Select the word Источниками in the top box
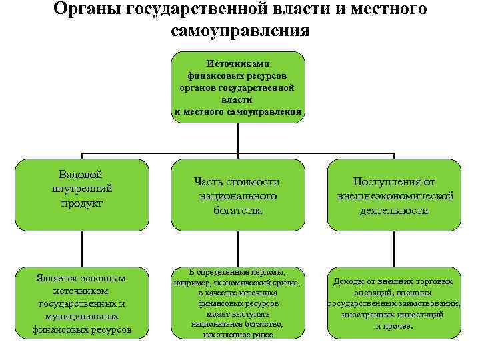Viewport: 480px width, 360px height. coord(237,64)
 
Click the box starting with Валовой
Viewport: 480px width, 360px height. coord(81,194)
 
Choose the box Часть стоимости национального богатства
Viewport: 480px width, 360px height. coord(238,194)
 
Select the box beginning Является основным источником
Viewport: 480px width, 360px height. coord(81,303)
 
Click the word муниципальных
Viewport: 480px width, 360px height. coord(81,317)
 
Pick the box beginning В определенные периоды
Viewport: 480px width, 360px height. coord(238,303)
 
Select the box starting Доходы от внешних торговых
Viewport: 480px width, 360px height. coord(394,303)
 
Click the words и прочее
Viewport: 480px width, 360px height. coord(394,326)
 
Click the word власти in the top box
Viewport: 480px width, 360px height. coord(237,99)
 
